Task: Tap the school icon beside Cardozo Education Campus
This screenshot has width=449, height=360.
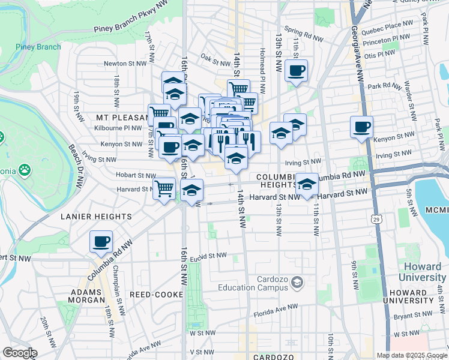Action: [x=297, y=281]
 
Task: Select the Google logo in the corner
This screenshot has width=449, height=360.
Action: [x=19, y=353]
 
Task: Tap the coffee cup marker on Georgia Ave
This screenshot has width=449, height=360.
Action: [x=362, y=127]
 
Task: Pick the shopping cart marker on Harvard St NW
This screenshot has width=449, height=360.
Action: [x=164, y=189]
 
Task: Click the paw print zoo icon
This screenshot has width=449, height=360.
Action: [x=25, y=169]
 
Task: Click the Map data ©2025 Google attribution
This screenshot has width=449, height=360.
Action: [x=412, y=355]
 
